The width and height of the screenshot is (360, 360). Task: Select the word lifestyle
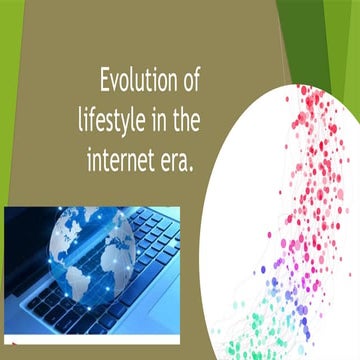click(x=114, y=121)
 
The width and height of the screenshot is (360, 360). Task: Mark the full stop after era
click(x=191, y=167)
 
